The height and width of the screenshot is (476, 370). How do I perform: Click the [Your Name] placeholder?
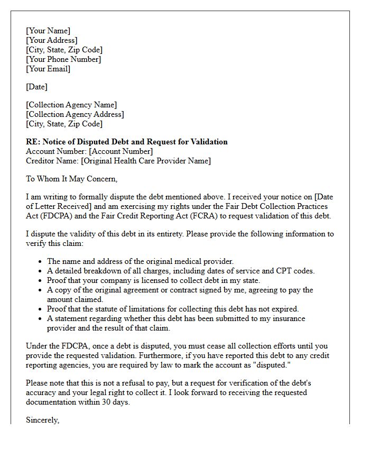point(48,31)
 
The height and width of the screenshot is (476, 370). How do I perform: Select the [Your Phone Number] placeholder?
point(63,59)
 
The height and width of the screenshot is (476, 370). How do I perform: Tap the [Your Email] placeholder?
point(48,69)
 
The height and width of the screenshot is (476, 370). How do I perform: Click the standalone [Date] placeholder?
point(37,87)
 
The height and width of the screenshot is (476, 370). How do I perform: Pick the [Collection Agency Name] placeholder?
point(71,105)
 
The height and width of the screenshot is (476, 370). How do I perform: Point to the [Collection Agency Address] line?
point(75,114)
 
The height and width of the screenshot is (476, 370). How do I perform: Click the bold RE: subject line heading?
point(127,142)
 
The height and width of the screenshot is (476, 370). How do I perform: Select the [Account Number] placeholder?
point(121,151)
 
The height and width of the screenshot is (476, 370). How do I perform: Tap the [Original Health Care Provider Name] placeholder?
point(145,161)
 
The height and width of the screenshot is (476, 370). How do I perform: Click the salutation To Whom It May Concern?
point(71,179)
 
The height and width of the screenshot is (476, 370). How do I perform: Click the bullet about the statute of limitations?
point(173,309)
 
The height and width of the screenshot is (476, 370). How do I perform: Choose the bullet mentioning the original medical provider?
point(140,261)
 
